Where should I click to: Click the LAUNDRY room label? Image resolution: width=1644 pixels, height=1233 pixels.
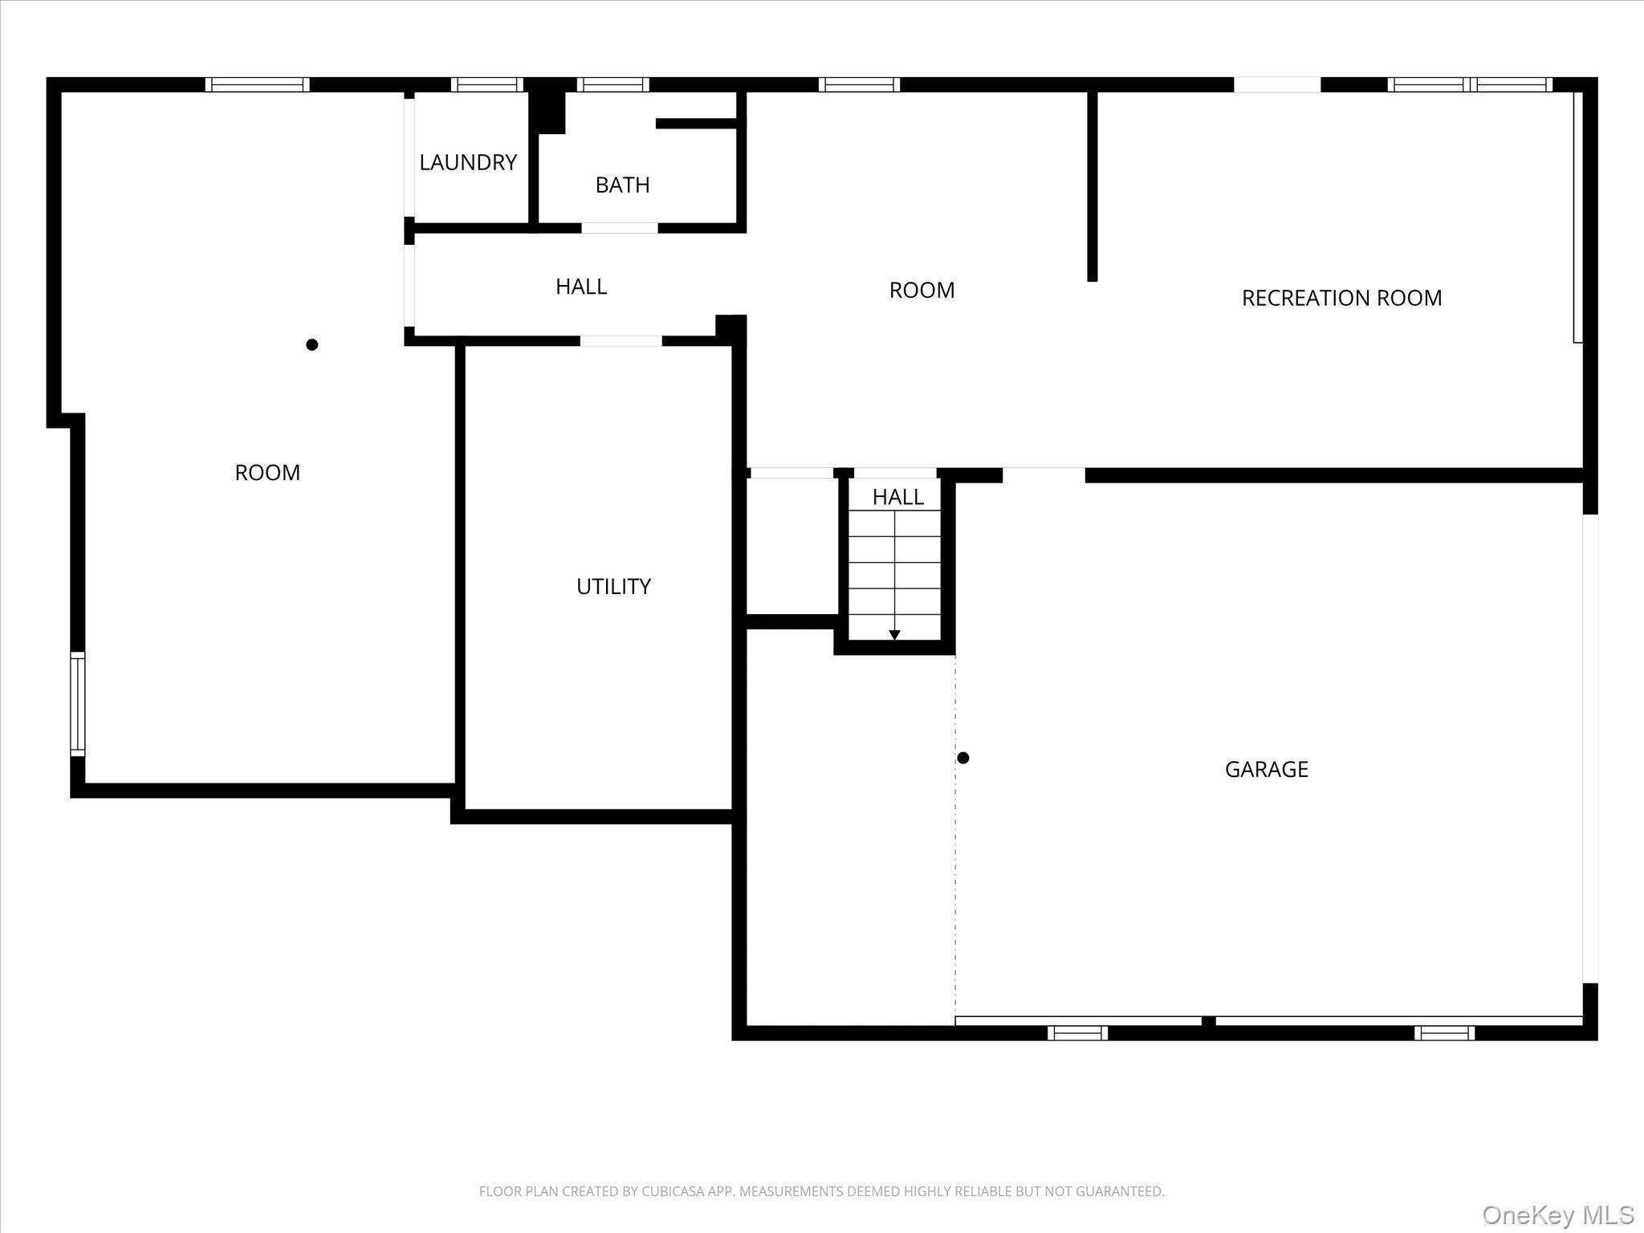coord(468,162)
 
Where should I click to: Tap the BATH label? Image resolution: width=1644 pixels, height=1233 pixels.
coord(622,185)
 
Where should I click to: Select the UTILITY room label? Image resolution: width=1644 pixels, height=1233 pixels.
coord(613,586)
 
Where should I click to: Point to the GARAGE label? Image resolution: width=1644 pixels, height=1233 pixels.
coord(1266,769)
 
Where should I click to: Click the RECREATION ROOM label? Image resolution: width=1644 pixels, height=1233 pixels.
coord(1341,298)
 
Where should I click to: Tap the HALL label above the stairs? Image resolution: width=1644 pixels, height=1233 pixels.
coord(897,497)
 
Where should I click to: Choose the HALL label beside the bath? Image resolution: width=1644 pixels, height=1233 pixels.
coord(581,286)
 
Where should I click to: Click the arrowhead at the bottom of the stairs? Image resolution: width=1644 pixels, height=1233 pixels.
coord(894,635)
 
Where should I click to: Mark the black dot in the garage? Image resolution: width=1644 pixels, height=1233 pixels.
coord(963,758)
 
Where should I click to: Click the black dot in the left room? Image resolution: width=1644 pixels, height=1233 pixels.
coord(312,344)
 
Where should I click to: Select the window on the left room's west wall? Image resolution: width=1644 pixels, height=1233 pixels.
coord(77,704)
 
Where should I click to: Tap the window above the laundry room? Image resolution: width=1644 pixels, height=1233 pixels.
coord(486,84)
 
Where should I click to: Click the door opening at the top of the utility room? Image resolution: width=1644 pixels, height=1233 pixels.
coord(621,341)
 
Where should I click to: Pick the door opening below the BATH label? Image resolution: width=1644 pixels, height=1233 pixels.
coord(619,228)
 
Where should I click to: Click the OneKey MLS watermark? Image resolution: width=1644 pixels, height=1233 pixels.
coord(1557,1215)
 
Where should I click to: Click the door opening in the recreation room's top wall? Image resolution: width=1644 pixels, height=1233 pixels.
coord(1276,84)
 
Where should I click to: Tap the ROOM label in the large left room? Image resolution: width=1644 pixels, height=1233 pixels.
coord(267,472)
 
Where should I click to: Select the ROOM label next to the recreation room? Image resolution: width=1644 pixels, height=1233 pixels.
coord(922,290)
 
